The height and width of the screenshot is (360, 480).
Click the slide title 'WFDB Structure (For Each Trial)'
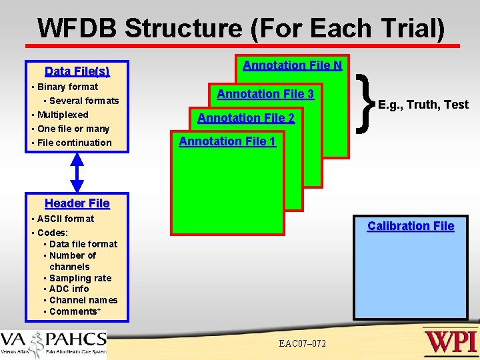click(241, 28)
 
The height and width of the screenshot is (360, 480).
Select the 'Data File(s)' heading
click(77, 71)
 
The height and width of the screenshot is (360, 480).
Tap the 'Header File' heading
click(77, 203)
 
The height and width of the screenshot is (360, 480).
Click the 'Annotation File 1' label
click(227, 141)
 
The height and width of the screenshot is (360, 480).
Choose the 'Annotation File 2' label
click(246, 118)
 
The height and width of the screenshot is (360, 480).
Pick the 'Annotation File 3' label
click(265, 94)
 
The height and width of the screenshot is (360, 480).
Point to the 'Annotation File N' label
click(292, 65)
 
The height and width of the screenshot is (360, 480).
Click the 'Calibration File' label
click(411, 226)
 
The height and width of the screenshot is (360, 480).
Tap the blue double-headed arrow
click(77, 173)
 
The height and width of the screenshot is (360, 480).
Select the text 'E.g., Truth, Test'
click(423, 105)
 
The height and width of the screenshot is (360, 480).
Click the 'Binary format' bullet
click(67, 87)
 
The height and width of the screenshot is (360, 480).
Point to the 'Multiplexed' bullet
click(63, 115)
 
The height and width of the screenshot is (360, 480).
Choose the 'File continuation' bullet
click(74, 143)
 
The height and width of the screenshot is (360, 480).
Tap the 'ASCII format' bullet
click(65, 219)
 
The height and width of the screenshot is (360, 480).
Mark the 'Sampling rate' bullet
click(80, 278)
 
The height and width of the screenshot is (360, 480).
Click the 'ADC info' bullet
click(69, 289)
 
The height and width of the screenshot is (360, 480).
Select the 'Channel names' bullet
click(83, 300)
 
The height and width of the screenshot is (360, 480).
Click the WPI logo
click(450, 342)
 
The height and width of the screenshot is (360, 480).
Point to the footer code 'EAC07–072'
click(303, 343)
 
